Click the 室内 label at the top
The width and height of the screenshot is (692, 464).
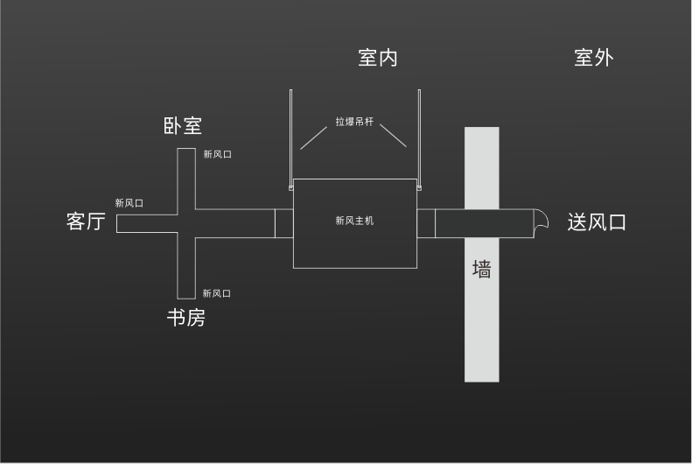[378, 58]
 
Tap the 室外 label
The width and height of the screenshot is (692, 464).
[594, 58]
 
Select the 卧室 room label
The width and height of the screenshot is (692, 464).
[183, 126]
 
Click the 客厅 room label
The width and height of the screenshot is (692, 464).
[86, 221]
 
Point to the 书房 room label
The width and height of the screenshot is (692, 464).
[185, 318]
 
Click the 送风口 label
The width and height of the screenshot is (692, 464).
[597, 222]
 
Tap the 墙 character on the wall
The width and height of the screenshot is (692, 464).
[481, 269]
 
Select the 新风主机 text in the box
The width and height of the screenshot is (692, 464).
[354, 221]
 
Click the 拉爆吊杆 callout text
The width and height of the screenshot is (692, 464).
[354, 122]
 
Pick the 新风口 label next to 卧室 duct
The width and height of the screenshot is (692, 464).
[218, 154]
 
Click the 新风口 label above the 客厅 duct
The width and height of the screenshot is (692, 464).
[129, 203]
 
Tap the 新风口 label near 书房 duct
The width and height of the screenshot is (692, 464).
[217, 293]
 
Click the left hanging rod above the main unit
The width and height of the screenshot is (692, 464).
[290, 137]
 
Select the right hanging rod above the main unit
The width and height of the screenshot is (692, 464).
[419, 137]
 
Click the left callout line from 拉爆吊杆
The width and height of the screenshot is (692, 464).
[314, 138]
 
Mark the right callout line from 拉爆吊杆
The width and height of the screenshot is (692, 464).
[393, 136]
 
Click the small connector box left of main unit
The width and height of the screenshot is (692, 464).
[284, 223]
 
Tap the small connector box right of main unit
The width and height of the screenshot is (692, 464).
[426, 223]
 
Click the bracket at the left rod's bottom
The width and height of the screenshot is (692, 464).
[290, 188]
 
